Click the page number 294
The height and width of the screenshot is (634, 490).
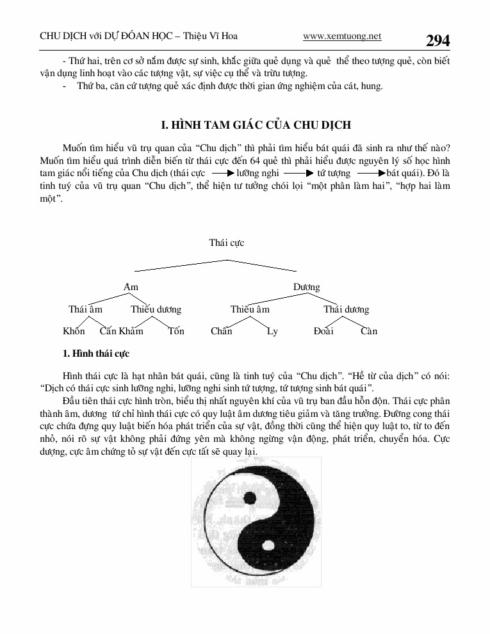[x=437, y=40]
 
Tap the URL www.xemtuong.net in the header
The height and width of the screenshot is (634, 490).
[x=341, y=37]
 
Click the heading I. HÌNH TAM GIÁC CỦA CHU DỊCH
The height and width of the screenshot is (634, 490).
[x=255, y=124]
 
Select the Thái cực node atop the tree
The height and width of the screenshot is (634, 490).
[x=226, y=243]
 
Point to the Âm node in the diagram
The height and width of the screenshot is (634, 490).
[x=131, y=287]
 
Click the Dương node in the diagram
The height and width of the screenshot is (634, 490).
[x=306, y=287]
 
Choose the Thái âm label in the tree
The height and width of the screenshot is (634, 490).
[x=85, y=309]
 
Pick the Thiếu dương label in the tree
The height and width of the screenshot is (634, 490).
[x=156, y=309]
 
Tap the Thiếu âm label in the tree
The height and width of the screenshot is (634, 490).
[x=250, y=309]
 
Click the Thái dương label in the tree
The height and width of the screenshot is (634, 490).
[x=346, y=309]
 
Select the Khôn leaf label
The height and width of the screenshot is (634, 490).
[x=74, y=331]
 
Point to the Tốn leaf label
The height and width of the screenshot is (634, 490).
[x=176, y=331]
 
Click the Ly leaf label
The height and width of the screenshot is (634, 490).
[x=272, y=331]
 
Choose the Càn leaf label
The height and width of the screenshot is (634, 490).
[x=369, y=331]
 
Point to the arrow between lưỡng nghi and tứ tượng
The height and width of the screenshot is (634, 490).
[x=298, y=174]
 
